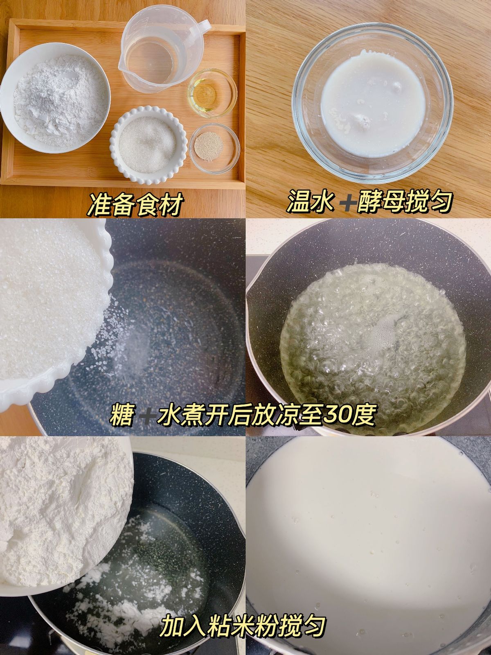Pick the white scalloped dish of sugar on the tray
click(x=149, y=143)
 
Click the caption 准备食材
click(x=135, y=203)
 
